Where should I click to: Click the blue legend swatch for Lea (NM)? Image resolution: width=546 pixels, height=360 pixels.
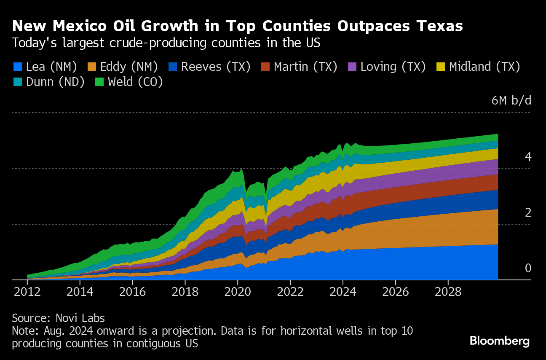(17, 67)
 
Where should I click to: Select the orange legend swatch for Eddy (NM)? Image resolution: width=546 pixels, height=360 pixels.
(91, 67)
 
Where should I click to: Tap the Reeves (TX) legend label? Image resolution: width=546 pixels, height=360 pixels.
(215, 67)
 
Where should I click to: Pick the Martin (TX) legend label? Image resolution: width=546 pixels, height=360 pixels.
(305, 67)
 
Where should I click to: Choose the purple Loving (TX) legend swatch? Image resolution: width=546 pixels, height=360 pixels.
(352, 67)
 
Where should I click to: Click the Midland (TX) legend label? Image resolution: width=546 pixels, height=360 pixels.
(484, 67)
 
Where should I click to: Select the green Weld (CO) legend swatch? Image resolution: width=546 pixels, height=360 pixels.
(99, 82)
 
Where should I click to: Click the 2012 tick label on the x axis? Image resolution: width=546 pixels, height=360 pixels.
(27, 292)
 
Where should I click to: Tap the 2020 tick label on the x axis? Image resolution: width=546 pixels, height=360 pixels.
(238, 292)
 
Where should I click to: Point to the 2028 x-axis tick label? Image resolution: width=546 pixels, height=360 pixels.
(448, 292)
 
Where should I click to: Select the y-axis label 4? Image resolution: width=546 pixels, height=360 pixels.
(528, 157)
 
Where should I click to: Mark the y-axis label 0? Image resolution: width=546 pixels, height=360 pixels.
(528, 269)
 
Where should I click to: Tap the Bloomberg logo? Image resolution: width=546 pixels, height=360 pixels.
(500, 341)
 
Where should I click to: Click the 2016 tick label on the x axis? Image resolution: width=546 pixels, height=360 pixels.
(133, 292)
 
